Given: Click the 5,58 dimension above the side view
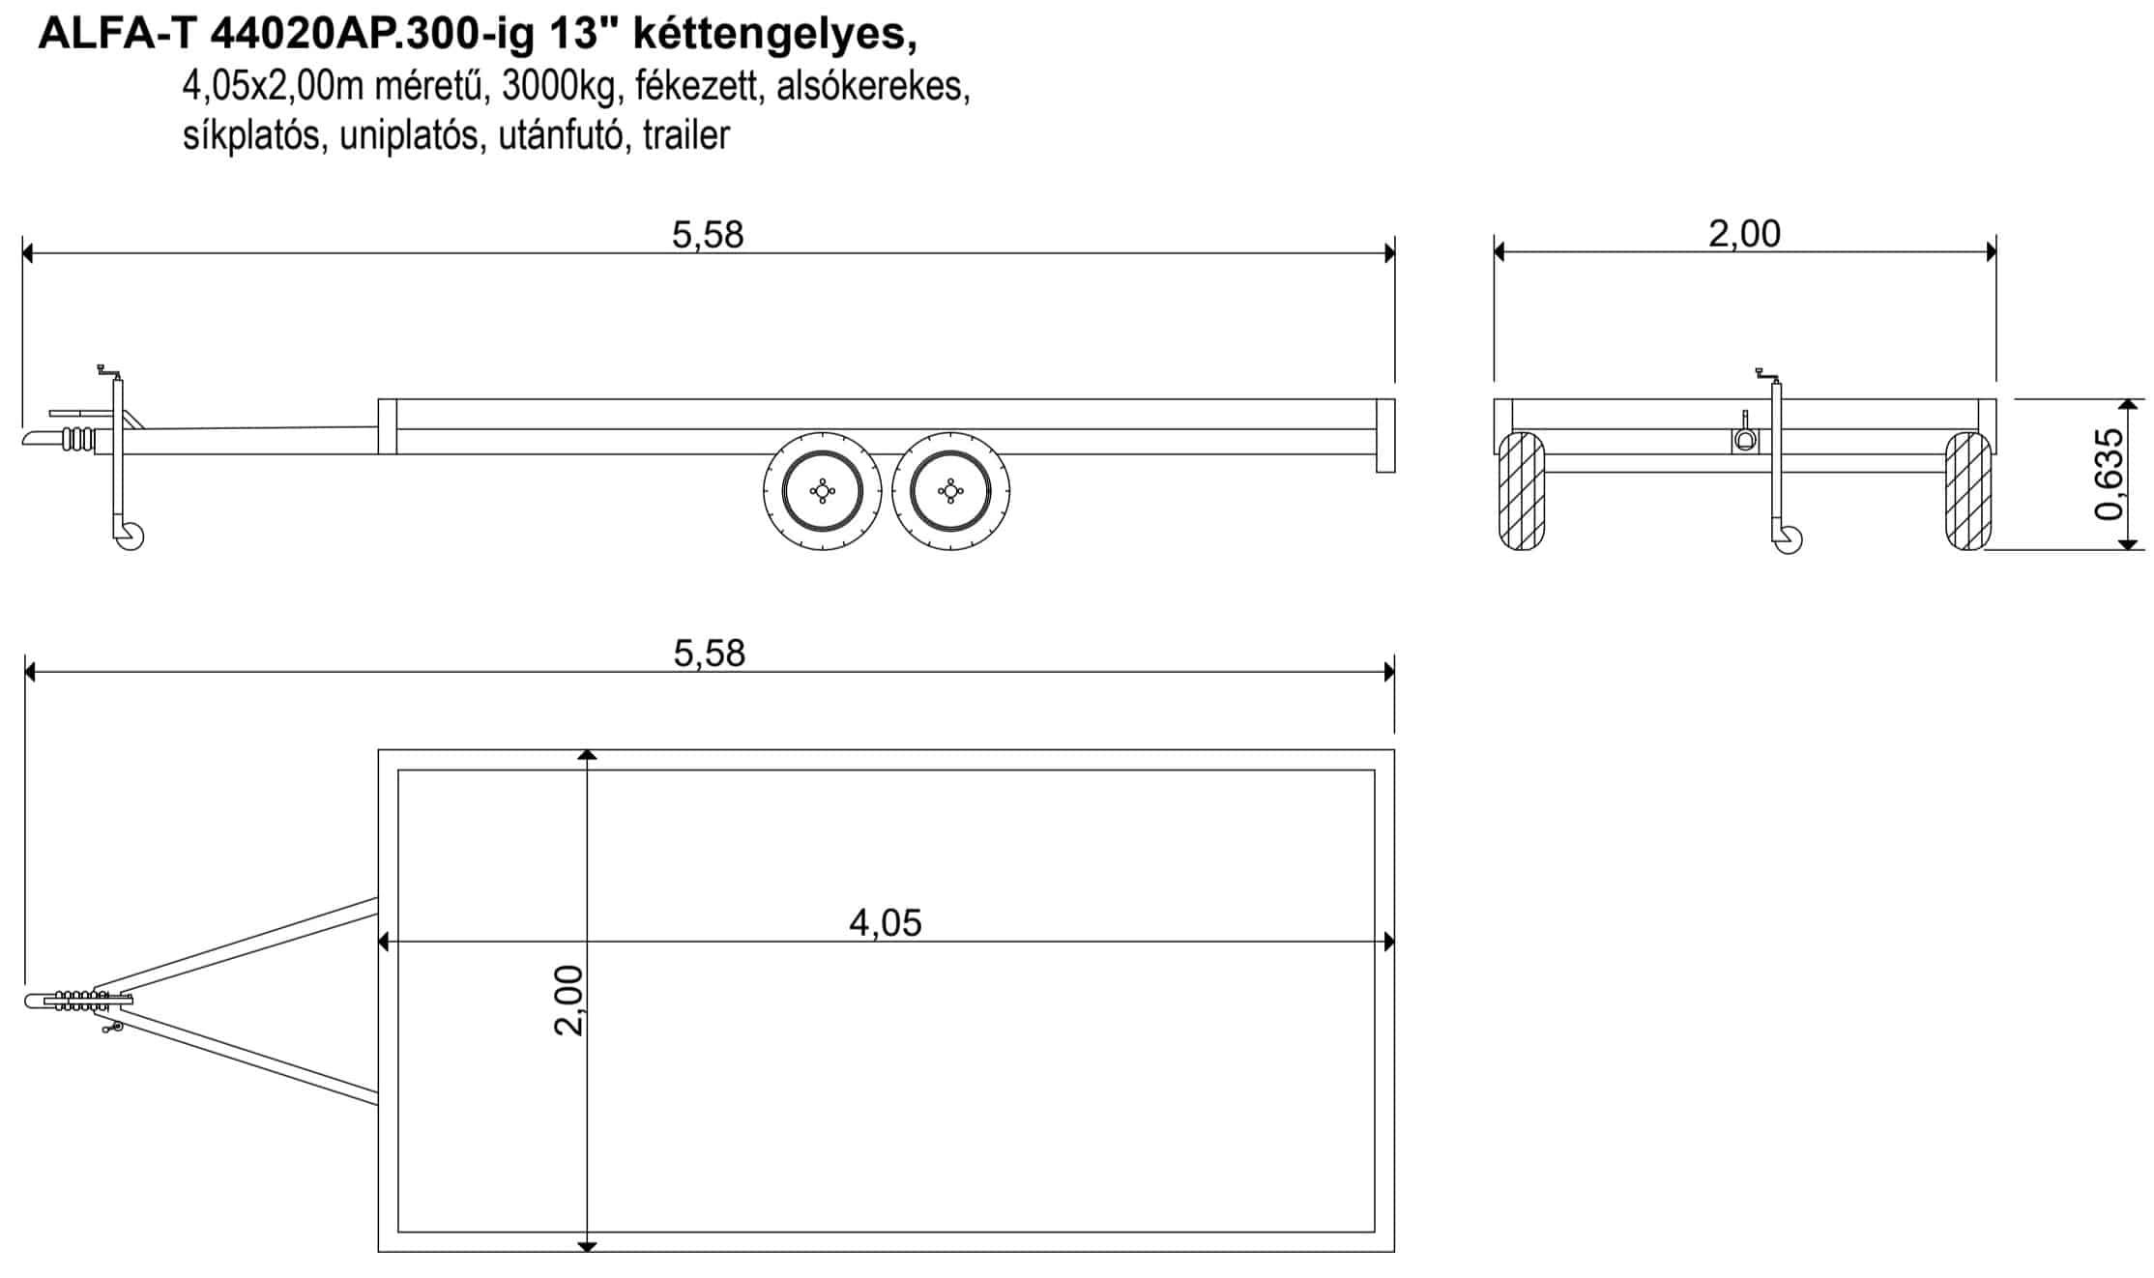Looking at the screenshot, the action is pyautogui.click(x=708, y=235).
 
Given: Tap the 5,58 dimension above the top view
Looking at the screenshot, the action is pyautogui.click(x=710, y=654).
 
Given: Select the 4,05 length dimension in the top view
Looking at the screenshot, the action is pyautogui.click(x=886, y=923).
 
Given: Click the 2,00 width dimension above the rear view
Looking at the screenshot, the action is pyautogui.click(x=1744, y=234).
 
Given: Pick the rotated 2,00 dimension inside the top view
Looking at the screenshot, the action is pyautogui.click(x=568, y=1001).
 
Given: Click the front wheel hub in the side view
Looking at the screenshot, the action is pyautogui.click(x=823, y=491).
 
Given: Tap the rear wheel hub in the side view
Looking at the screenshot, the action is pyautogui.click(x=951, y=491).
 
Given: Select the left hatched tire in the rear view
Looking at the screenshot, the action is pyautogui.click(x=1521, y=491).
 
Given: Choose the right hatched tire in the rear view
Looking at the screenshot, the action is pyautogui.click(x=1968, y=491).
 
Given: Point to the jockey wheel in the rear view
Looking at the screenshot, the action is pyautogui.click(x=1789, y=539).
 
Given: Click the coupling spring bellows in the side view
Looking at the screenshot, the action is pyautogui.click(x=79, y=440).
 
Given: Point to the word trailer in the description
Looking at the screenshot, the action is pyautogui.click(x=685, y=135).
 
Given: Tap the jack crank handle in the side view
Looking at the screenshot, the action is pyautogui.click(x=110, y=372).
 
